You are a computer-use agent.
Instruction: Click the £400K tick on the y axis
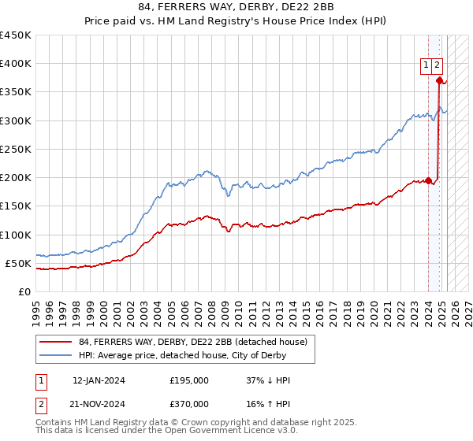click(15, 64)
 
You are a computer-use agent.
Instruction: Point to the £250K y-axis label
click(15, 149)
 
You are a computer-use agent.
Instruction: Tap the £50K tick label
click(18, 263)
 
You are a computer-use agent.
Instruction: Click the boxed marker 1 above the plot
click(426, 65)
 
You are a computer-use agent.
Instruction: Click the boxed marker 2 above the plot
click(437, 65)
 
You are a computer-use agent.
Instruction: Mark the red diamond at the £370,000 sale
click(439, 80)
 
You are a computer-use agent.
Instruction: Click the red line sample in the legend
click(56, 341)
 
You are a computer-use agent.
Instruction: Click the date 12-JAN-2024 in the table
click(99, 380)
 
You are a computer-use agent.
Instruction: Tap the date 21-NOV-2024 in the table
click(99, 404)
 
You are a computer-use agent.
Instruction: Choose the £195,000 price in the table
click(189, 380)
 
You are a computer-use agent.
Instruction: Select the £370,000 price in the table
click(189, 404)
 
